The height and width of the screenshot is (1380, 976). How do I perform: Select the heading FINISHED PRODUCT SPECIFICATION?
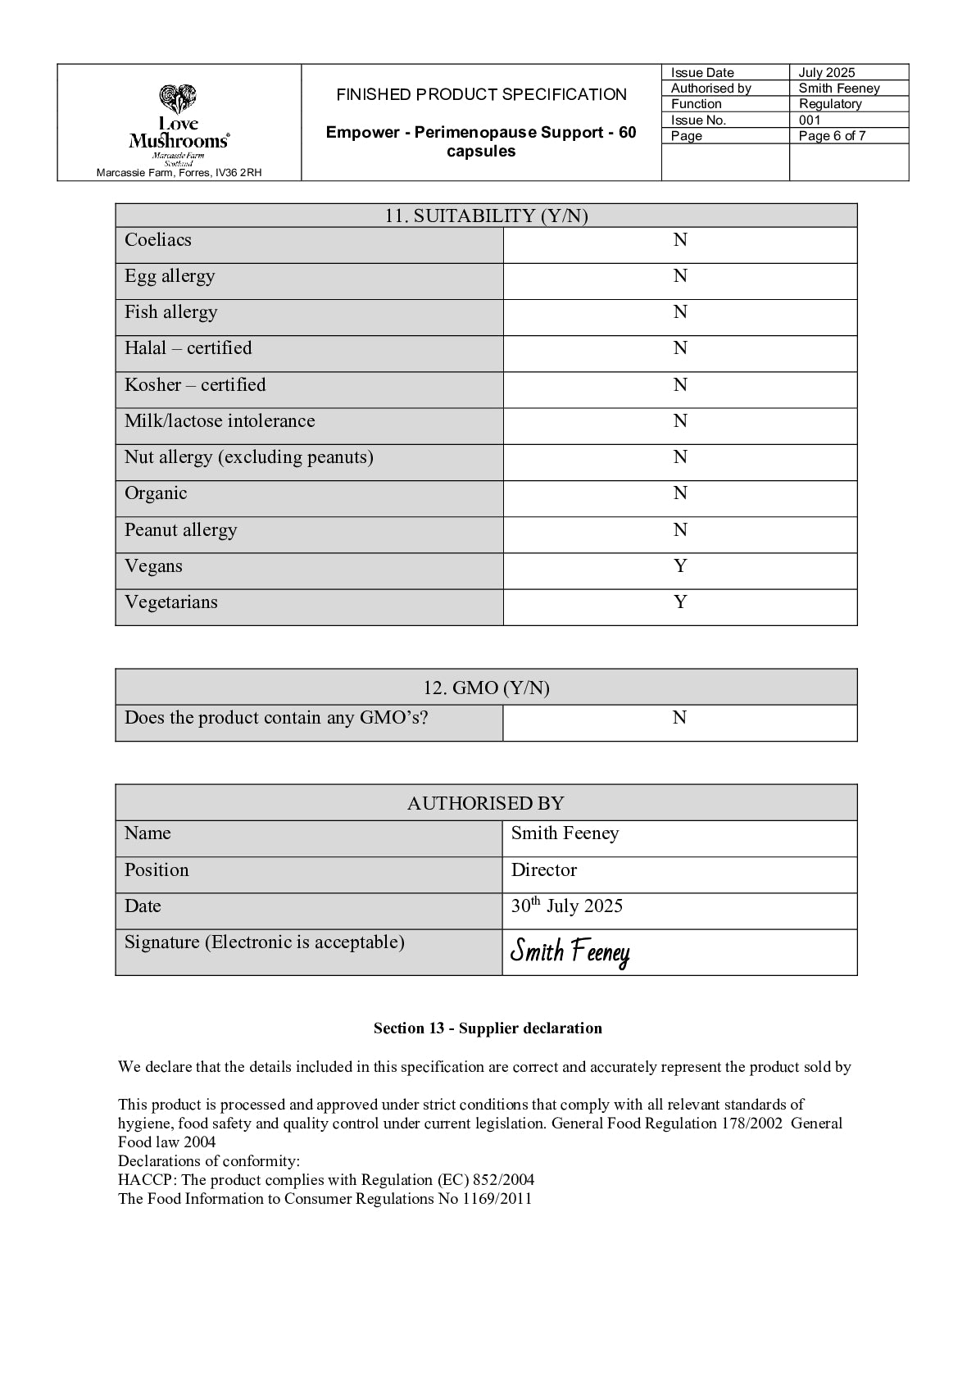[481, 95]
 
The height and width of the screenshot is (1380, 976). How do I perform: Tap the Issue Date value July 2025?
[827, 73]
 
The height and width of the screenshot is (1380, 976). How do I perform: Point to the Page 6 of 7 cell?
[832, 136]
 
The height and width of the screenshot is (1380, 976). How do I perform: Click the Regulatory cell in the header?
[830, 104]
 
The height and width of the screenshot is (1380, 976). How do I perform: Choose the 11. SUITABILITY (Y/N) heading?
[486, 216]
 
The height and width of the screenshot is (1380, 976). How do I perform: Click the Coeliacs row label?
[158, 240]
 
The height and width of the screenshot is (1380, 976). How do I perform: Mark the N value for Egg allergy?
[680, 276]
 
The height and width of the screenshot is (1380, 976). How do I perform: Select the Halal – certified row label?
[188, 348]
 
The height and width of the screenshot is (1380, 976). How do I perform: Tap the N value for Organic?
[680, 493]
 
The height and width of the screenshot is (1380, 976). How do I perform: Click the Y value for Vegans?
[680, 566]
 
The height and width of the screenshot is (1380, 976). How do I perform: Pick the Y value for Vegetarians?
[680, 602]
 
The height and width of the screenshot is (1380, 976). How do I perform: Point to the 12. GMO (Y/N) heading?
[486, 688]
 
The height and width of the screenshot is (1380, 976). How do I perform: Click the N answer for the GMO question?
[679, 718]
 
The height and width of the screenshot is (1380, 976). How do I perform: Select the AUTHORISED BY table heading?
[486, 803]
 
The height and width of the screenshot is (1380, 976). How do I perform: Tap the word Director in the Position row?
[544, 870]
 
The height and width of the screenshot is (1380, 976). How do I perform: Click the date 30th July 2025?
[567, 906]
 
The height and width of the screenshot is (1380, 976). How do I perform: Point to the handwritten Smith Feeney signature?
[570, 952]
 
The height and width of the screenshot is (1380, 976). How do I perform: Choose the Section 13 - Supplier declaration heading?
[488, 1028]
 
